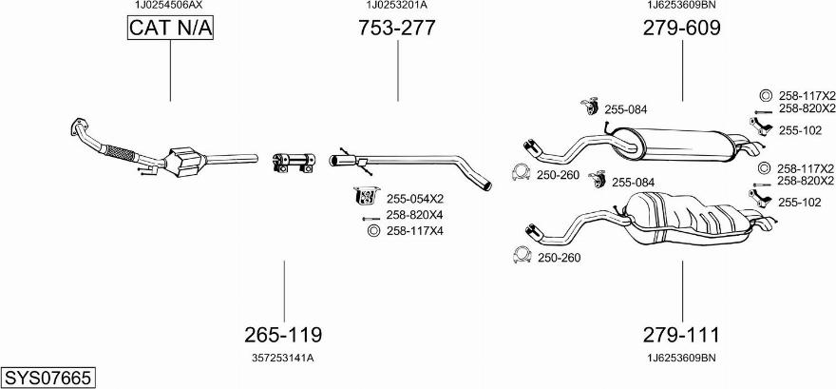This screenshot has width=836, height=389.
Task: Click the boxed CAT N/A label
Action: click(x=170, y=28)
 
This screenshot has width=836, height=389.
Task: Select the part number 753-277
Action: click(x=397, y=28)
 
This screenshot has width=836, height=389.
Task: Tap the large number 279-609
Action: click(x=682, y=28)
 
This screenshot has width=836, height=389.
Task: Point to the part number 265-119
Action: click(x=283, y=335)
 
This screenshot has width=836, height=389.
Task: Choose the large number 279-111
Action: click(x=681, y=335)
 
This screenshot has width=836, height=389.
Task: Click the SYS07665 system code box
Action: click(x=48, y=378)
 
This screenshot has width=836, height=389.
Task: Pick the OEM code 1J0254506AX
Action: click(x=168, y=5)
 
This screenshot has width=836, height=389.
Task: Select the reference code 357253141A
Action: click(x=282, y=358)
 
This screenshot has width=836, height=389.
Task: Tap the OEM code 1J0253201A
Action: click(x=397, y=5)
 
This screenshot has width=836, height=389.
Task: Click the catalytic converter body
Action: click(x=185, y=160)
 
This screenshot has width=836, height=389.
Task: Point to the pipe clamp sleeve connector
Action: click(x=293, y=163)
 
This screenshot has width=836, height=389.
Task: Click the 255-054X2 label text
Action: click(x=415, y=199)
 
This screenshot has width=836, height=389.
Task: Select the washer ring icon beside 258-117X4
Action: click(x=373, y=231)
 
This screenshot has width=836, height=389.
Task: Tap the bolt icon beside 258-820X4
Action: click(x=370, y=218)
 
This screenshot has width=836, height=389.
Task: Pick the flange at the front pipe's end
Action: click(x=78, y=128)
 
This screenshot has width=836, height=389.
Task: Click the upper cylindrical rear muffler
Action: click(x=677, y=144)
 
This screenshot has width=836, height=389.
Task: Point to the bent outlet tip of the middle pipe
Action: click(x=484, y=184)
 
